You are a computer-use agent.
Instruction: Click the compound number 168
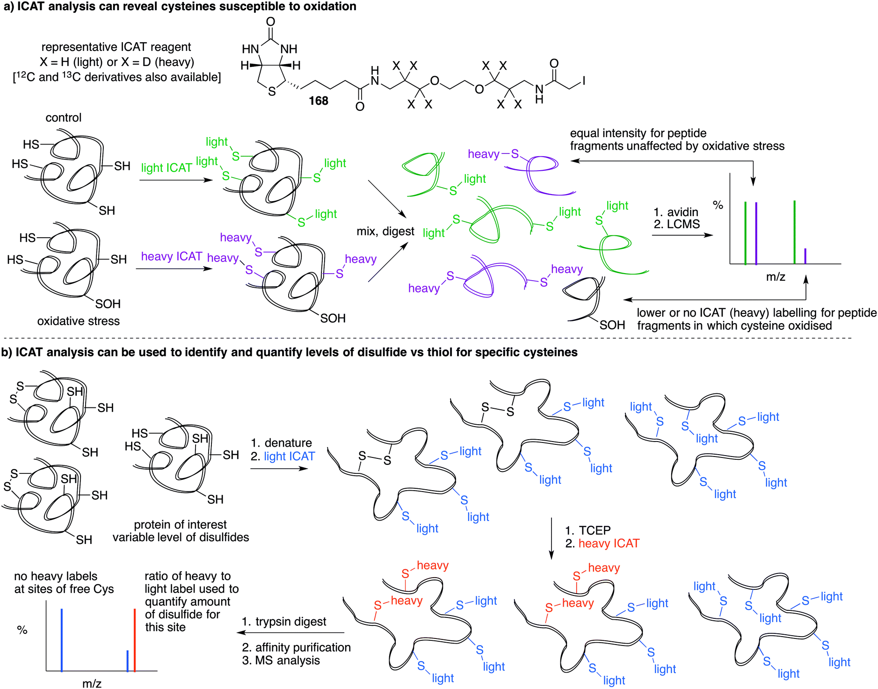(x=318, y=101)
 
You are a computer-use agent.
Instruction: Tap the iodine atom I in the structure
(x=583, y=81)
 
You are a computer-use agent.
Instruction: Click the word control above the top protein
(x=63, y=117)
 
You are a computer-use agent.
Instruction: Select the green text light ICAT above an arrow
(x=167, y=167)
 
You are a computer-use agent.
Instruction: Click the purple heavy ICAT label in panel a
(x=171, y=256)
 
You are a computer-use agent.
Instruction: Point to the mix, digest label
(x=385, y=231)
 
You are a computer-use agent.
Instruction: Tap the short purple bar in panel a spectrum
(x=805, y=256)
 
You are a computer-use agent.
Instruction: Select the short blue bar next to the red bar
(x=127, y=660)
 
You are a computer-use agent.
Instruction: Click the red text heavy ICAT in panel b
(x=609, y=543)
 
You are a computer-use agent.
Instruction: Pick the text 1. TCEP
(x=588, y=530)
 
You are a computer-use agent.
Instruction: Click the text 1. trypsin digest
(x=284, y=621)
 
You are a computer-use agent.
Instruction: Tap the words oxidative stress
(x=78, y=321)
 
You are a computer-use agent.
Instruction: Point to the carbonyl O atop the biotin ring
(x=270, y=22)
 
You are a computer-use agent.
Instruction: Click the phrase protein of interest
(x=180, y=524)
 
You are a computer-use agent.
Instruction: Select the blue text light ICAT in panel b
(x=289, y=456)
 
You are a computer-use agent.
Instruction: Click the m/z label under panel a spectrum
(x=775, y=276)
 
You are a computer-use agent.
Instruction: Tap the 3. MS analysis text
(x=281, y=660)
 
